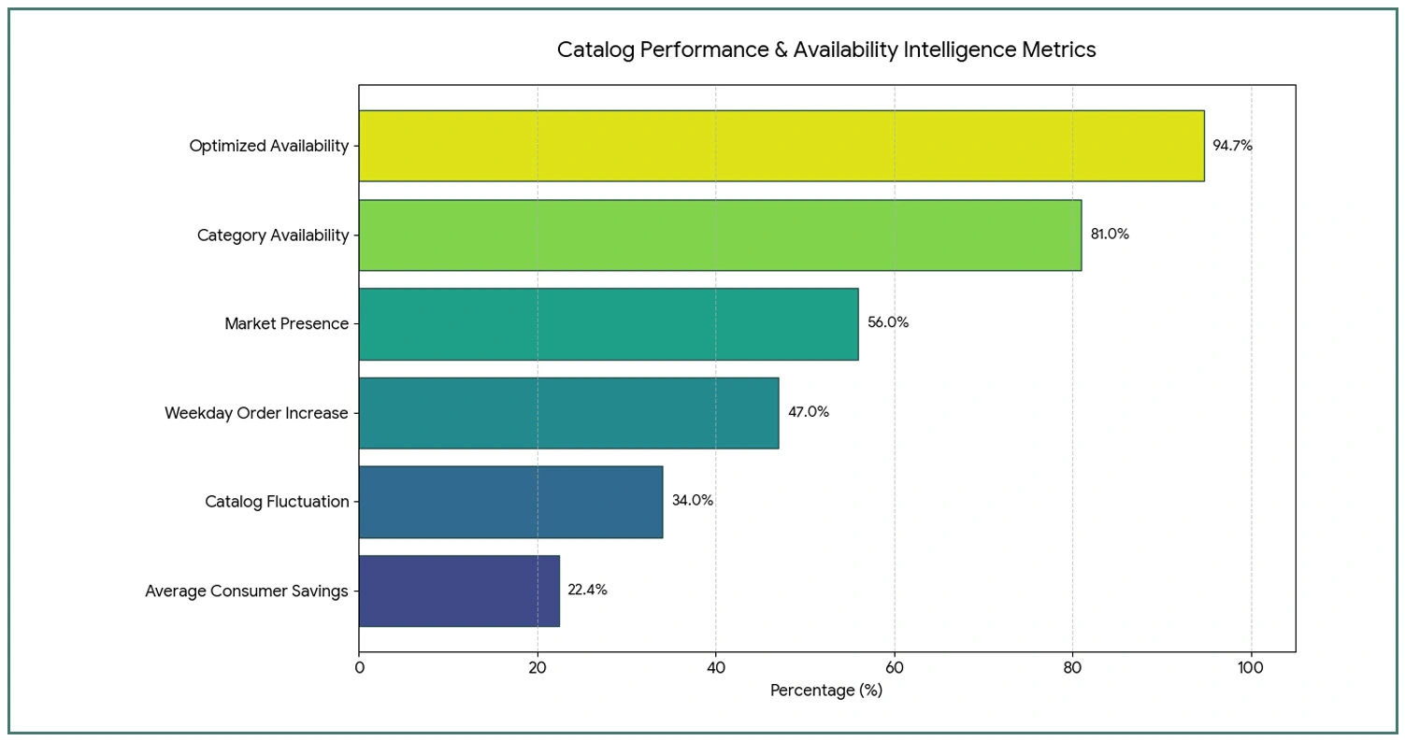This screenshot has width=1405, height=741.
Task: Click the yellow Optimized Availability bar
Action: pos(781,146)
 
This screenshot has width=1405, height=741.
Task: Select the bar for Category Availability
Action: pos(720,235)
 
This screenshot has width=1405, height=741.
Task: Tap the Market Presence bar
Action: pos(609,323)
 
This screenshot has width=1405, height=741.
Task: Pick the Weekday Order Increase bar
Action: pos(568,412)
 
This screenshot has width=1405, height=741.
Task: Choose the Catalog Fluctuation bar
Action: pos(510,502)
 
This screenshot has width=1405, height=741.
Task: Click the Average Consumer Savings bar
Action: pos(459,591)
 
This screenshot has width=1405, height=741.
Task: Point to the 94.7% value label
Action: pos(1232,146)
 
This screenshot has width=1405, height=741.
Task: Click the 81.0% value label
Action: pos(1110,235)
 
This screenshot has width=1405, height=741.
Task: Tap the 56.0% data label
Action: pos(888,323)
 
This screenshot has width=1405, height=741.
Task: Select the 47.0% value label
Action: pos(809,412)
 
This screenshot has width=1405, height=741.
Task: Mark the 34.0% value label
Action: pos(693,501)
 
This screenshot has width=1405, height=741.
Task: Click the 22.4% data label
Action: pos(587,591)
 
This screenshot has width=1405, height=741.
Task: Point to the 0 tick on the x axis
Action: pos(359,668)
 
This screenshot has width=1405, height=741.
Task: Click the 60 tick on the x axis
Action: pos(895,668)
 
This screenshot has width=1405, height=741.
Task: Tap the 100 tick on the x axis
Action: pos(1251,668)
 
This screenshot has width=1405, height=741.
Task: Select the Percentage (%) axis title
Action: pos(826,691)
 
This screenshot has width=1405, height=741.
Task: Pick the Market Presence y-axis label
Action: pos(286,324)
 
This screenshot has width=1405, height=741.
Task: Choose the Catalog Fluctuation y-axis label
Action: pos(277,502)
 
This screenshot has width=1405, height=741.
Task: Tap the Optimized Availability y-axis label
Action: pos(268,146)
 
